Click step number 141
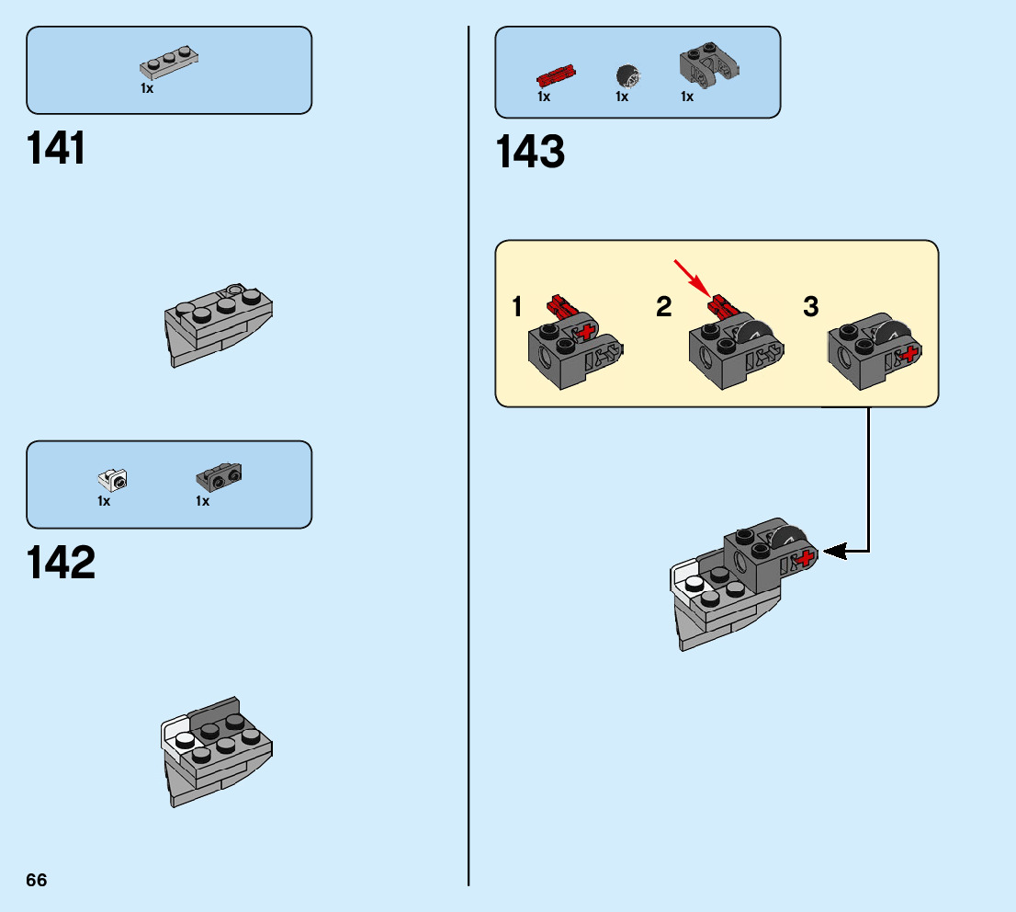pos(56,148)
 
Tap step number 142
pos(61,562)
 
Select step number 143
pos(530,152)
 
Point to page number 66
pos(37,880)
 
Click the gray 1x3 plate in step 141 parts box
pos(169,63)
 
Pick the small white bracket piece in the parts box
pos(113,480)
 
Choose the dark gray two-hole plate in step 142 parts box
pos(219,477)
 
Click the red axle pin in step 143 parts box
pos(556,76)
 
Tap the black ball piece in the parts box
pos(628,75)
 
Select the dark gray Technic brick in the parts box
pos(709,65)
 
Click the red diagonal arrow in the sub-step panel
pos(691,277)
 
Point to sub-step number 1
pos(516,306)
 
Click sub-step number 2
pos(664,306)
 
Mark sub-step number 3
pos(810,306)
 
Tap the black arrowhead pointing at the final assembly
pos(834,552)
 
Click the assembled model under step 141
pos(219,325)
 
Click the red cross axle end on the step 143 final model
pos(806,558)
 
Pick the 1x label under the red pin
pos(544,97)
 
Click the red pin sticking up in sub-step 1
pos(559,305)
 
